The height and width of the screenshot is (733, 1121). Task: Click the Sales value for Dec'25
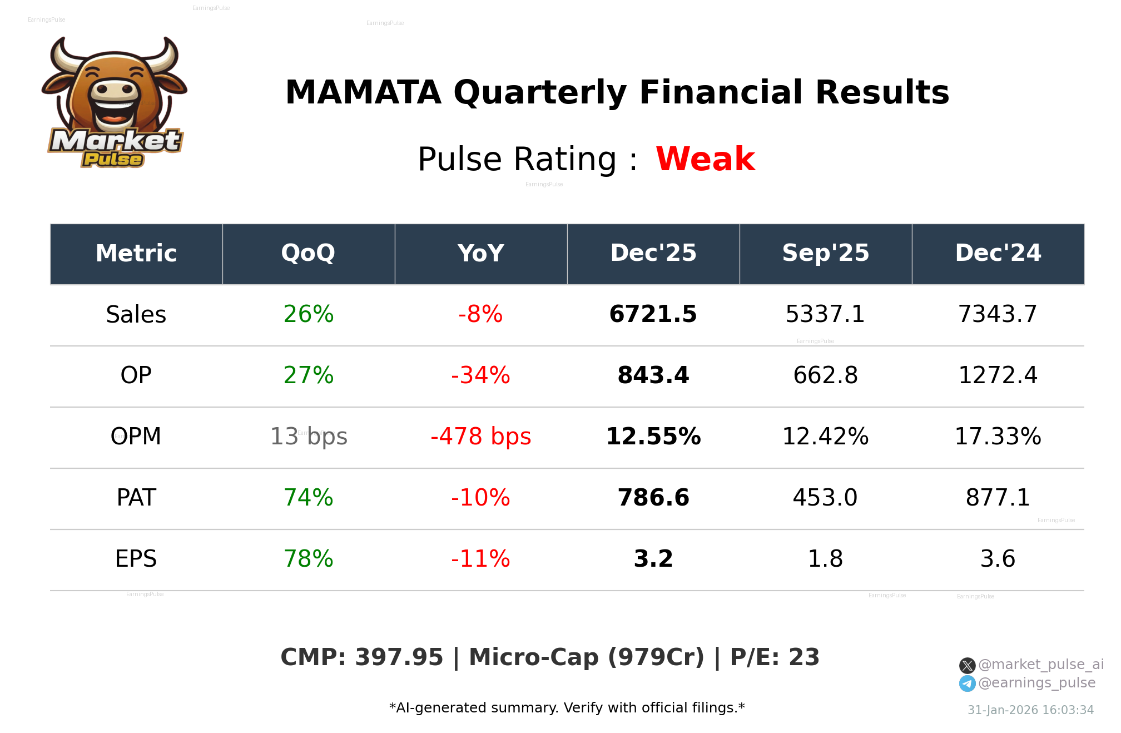(x=653, y=314)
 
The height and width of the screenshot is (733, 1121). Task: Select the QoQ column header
(x=308, y=253)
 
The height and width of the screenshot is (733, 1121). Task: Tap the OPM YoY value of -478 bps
(x=480, y=437)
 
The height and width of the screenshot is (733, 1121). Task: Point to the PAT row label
(x=136, y=498)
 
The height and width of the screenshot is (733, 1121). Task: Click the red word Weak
(x=705, y=159)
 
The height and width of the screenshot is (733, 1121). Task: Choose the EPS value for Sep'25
(x=825, y=559)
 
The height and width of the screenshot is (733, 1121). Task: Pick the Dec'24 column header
(x=998, y=253)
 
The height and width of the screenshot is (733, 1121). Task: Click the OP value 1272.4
(x=998, y=375)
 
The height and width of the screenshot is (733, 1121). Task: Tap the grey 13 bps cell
(x=309, y=437)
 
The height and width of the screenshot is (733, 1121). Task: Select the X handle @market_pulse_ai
(x=1040, y=665)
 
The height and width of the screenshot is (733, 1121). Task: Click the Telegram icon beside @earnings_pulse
(x=967, y=684)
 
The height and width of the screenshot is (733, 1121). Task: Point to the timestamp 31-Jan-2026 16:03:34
(x=1030, y=710)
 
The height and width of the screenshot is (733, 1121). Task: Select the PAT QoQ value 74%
(x=308, y=498)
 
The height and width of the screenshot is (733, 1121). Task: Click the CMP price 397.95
(x=399, y=657)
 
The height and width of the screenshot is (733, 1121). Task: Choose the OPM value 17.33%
(x=998, y=437)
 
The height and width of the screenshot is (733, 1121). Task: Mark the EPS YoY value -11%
(x=480, y=559)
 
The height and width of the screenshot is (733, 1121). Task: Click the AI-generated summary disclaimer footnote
(x=567, y=708)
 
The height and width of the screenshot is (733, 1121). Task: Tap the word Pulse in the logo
(x=113, y=160)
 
